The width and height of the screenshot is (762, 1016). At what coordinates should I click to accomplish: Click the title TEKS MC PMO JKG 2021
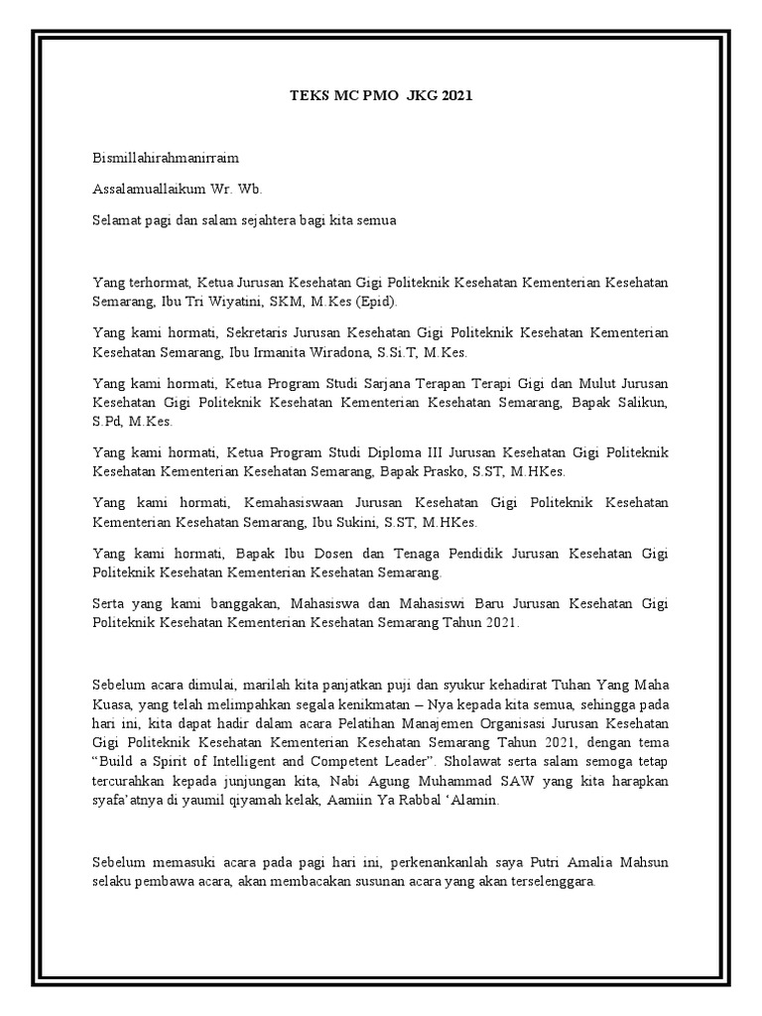(x=381, y=96)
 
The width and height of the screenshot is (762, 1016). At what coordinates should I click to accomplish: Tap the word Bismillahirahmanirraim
(x=166, y=158)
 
